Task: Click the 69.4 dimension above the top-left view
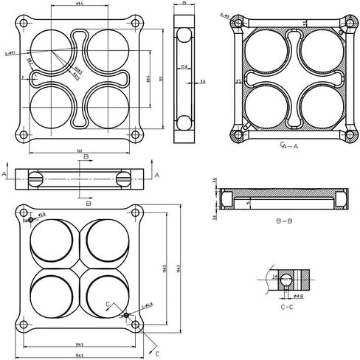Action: coord(80,4)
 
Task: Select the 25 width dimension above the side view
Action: coord(183,4)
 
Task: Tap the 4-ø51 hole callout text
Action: coord(10,52)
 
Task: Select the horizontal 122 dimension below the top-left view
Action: coord(80,150)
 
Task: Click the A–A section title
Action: coord(289,147)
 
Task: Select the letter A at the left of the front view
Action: coord(4,173)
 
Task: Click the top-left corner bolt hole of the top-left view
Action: coord(24,24)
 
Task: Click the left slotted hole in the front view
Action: coord(36,179)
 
